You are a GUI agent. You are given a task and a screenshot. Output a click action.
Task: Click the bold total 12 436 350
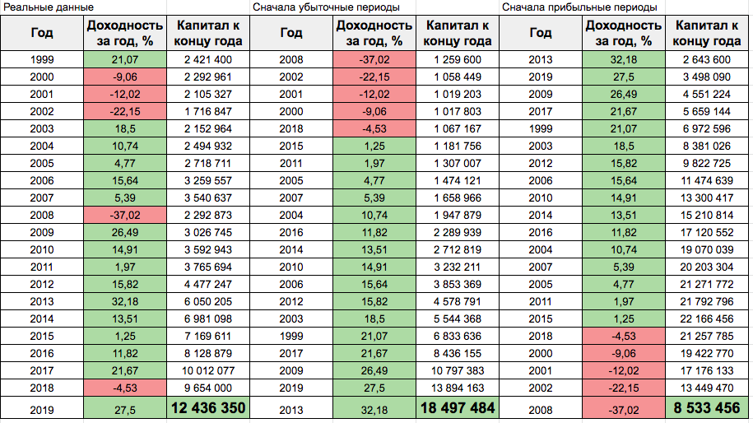pos(207,408)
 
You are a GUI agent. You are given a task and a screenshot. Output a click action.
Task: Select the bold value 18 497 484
pos(458,408)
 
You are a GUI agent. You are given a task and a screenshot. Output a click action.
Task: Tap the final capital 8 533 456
pos(707,408)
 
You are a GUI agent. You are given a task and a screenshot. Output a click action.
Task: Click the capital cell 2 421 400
pos(207,59)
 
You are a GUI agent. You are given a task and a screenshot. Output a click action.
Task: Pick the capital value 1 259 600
pos(458,59)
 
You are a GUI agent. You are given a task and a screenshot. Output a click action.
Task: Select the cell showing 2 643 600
pos(707,59)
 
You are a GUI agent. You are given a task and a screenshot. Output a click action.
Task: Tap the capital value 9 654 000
pos(207,387)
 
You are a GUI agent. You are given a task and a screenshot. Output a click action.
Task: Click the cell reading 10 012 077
pos(207,370)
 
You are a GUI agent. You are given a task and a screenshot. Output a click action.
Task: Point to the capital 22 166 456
pos(707,318)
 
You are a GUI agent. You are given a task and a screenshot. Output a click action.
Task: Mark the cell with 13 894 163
pos(458,387)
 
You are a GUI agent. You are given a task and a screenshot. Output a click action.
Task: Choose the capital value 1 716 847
pos(207,111)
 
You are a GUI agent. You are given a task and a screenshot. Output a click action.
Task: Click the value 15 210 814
pos(707,215)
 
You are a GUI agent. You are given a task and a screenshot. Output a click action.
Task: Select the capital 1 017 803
pos(458,111)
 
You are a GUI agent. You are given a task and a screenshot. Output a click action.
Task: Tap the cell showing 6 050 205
pos(207,300)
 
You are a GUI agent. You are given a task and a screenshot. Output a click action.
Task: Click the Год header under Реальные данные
pos(42,34)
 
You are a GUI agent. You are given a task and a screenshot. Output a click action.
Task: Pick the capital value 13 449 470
pos(707,387)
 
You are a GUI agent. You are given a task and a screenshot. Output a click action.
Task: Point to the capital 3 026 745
pos(207,232)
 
